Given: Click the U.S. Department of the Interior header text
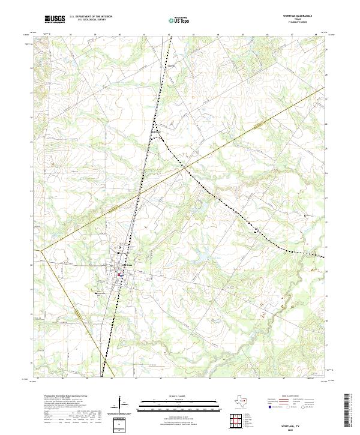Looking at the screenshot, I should [x=91, y=17].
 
